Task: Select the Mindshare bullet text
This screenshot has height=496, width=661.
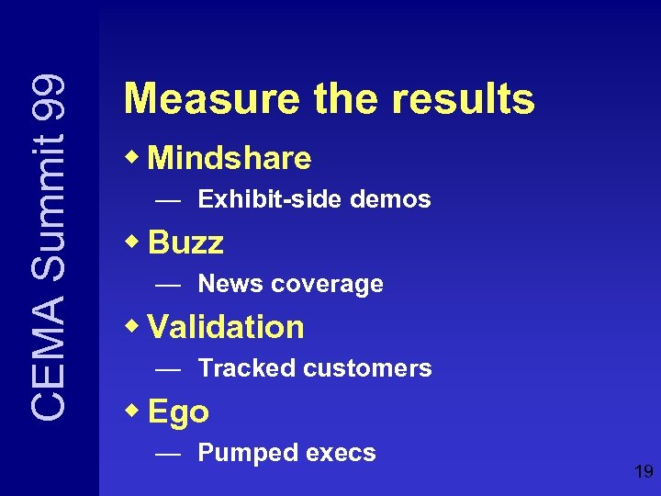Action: tap(230, 159)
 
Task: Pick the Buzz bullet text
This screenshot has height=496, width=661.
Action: tap(185, 243)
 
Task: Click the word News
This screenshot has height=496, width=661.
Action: tap(230, 284)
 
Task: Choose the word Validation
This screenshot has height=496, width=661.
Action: tap(226, 327)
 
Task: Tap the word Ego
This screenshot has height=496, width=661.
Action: tap(178, 412)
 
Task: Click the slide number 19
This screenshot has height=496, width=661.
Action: tap(643, 472)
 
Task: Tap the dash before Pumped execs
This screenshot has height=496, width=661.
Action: tap(167, 454)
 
